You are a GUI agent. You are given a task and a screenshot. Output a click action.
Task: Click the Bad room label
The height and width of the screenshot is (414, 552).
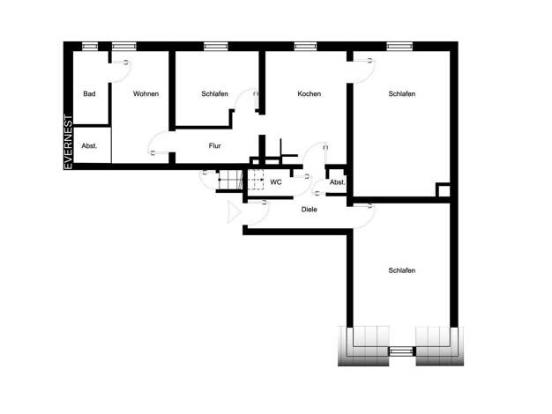tap(89, 94)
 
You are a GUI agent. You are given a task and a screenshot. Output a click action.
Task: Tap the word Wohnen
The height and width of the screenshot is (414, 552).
tap(145, 94)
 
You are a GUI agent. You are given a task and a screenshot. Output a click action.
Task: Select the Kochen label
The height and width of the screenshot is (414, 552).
tap(310, 94)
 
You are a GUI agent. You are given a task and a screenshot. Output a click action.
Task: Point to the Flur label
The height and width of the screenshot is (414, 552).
tap(215, 145)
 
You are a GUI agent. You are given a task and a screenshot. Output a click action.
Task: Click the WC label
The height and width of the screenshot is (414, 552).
tap(276, 182)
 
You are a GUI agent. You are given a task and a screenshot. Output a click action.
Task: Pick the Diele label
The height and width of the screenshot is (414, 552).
tap(310, 210)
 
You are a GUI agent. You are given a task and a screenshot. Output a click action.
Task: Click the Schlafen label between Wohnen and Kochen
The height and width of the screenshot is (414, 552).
tap(215, 94)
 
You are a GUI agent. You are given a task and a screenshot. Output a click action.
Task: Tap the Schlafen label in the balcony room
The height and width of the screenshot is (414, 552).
tap(402, 270)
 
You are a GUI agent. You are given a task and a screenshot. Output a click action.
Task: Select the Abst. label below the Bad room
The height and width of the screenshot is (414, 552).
tap(89, 145)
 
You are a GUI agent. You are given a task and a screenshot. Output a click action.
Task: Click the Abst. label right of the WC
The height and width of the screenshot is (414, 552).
tap(337, 182)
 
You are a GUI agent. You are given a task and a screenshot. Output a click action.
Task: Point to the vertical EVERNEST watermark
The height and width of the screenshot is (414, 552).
tap(68, 142)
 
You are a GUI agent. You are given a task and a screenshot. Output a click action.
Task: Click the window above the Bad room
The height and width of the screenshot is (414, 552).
tap(90, 46)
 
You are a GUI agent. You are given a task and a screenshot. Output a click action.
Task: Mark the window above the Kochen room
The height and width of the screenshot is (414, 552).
tap(305, 46)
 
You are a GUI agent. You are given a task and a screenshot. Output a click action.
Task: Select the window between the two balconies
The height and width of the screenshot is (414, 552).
tap(402, 351)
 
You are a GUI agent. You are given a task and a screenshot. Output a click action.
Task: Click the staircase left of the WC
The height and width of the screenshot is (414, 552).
tap(230, 180)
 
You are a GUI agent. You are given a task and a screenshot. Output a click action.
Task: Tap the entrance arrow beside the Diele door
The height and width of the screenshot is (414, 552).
tap(234, 211)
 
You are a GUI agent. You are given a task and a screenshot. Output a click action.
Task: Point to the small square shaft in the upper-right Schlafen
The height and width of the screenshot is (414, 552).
tap(444, 190)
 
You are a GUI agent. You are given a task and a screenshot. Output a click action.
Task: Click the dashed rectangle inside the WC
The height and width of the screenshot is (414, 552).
tap(256, 180)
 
